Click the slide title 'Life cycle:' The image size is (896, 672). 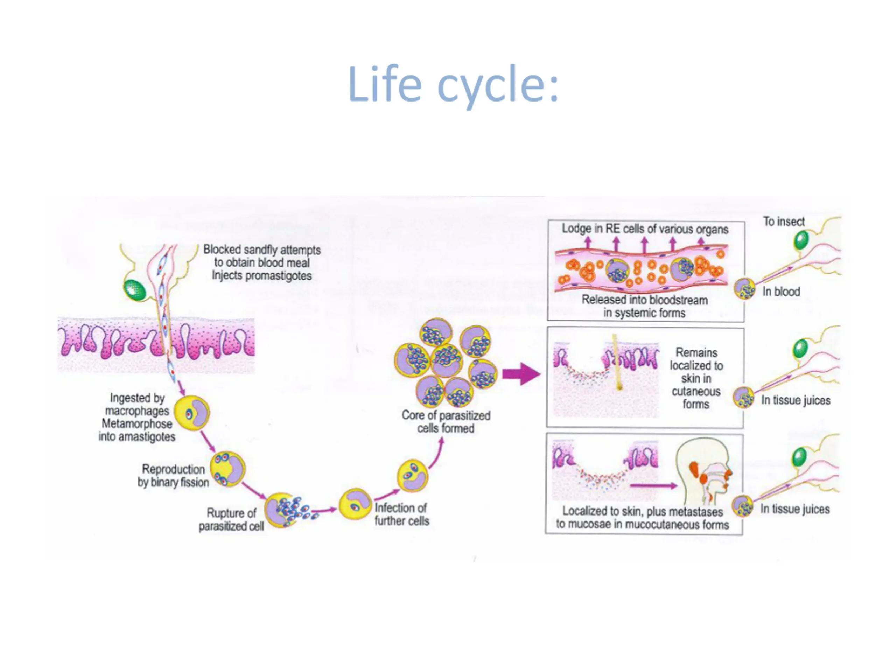coord(453,85)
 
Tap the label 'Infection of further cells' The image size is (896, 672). coord(401,514)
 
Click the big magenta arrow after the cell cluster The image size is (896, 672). coord(521,373)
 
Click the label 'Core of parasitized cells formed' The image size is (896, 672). coord(446,422)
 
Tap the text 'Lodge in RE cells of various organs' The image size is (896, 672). coord(645,229)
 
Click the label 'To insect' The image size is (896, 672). coord(784,222)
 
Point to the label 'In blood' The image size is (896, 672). coord(781,292)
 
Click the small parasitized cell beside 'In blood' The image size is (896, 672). coord(744,288)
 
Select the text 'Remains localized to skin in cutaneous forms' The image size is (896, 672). coord(696,378)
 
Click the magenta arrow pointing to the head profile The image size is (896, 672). coord(653,485)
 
